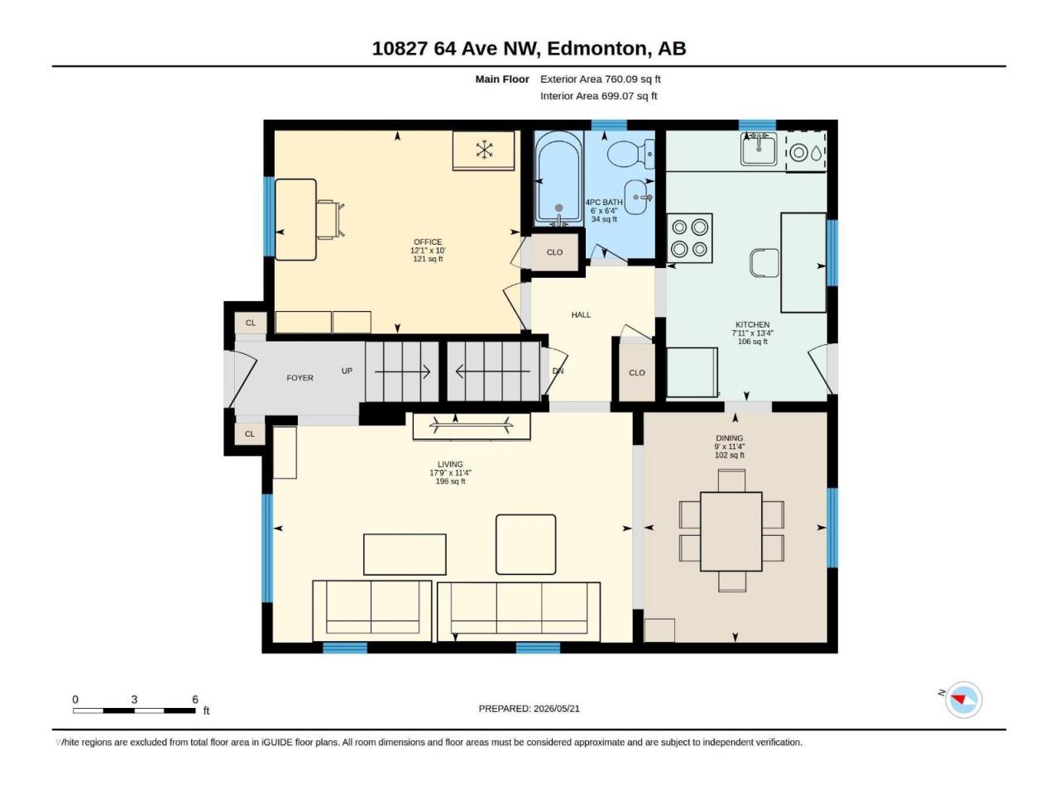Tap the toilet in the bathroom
(x=630, y=154)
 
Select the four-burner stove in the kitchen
(x=689, y=238)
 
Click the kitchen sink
(x=759, y=149)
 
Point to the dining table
(x=731, y=531)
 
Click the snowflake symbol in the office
(x=484, y=150)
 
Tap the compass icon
(x=963, y=700)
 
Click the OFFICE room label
(x=428, y=242)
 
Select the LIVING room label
(x=450, y=464)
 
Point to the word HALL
(x=581, y=315)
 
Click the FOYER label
(x=299, y=378)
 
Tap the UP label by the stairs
(x=347, y=371)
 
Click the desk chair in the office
(x=330, y=219)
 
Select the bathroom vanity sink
(x=640, y=197)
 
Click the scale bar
(x=134, y=710)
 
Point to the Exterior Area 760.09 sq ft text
(x=600, y=79)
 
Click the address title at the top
(x=529, y=49)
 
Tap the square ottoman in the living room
(x=525, y=544)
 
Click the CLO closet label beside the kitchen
(x=637, y=373)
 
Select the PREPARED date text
(x=529, y=709)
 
